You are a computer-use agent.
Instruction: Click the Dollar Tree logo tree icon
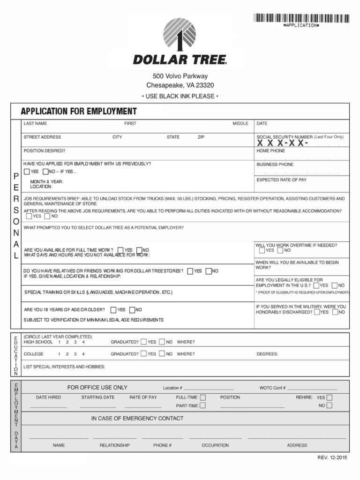coord(180,34)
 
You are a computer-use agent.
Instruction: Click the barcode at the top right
coord(301,18)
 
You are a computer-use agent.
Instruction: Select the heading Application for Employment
coord(79,112)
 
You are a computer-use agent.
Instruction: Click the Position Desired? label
coord(45,151)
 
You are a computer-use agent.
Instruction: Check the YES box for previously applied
coord(27,172)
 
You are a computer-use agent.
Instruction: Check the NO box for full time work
coord(139,250)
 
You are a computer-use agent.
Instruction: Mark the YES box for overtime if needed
coord(262,250)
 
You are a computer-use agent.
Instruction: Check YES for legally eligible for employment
coord(316,285)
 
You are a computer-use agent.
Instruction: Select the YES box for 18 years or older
coord(114,310)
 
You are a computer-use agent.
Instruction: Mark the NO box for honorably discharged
coord(335,312)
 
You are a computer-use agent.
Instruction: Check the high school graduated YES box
coord(143,342)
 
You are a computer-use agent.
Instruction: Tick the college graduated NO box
coord(161,354)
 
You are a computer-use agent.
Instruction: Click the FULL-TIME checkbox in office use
coord(202,397)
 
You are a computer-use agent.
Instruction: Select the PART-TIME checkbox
coord(202,405)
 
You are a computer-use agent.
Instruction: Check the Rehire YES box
coord(329,397)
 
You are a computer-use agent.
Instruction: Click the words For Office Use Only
coord(97,388)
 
